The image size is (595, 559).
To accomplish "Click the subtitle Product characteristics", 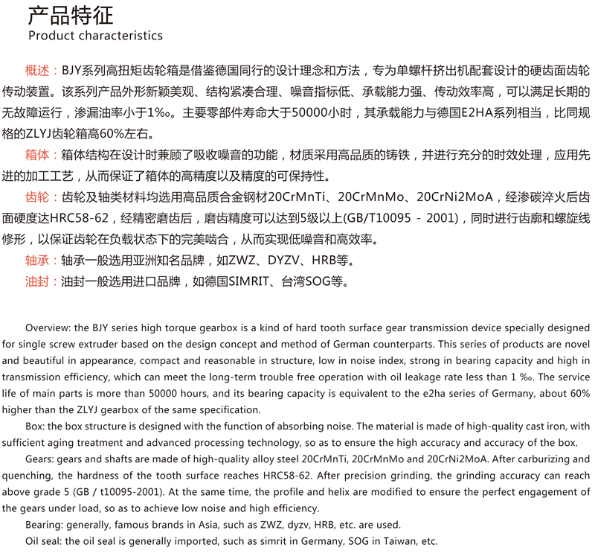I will [95, 36].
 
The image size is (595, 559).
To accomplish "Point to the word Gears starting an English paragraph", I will [39, 459].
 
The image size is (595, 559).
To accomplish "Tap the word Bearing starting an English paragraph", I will [44, 525].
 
